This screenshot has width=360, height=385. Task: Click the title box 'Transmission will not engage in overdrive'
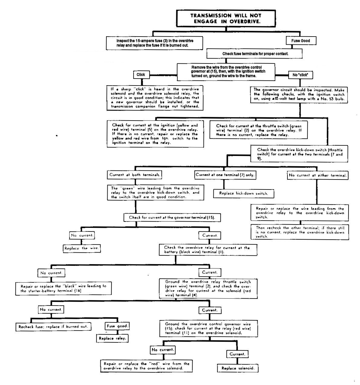[x=226, y=18]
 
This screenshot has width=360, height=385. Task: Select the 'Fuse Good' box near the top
[x=301, y=41]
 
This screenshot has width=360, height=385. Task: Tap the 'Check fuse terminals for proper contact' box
[x=254, y=53]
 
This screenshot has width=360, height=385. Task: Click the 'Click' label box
[x=141, y=75]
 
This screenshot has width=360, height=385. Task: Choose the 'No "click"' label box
[x=300, y=75]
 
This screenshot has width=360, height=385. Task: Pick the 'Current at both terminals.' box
[x=135, y=175]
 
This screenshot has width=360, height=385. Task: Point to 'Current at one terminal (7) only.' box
[x=225, y=175]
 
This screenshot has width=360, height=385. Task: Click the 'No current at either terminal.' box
[x=317, y=176]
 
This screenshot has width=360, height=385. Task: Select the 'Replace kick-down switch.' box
[x=244, y=193]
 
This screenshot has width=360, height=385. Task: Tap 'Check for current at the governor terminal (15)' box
[x=172, y=218]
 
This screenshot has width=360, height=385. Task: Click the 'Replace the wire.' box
[x=82, y=248]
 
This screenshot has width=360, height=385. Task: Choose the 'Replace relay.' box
[x=112, y=338]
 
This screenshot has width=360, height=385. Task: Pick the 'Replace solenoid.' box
[x=238, y=368]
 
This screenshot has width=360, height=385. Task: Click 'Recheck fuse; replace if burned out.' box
[x=53, y=327]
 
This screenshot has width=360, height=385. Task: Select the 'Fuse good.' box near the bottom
[x=117, y=326]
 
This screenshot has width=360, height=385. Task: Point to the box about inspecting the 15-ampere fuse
[x=154, y=43]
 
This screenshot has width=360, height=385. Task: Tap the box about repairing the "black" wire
[x=63, y=289]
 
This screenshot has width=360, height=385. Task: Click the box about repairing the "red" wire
[x=146, y=366]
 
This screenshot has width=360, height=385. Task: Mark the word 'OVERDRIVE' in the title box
[x=245, y=21]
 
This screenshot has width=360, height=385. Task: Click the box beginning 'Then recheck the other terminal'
[x=300, y=232]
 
